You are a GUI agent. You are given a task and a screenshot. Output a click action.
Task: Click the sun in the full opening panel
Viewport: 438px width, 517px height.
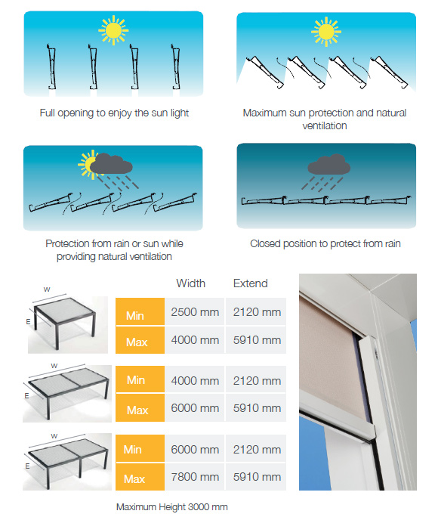113,30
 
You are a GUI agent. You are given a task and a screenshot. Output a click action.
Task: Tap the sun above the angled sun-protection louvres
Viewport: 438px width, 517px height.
326,32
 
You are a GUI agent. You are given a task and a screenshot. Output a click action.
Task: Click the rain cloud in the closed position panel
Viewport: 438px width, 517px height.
328,165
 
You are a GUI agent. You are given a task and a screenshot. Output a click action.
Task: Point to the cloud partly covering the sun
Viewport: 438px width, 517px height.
111,163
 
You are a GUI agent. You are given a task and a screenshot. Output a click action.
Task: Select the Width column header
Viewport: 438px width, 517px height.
190,283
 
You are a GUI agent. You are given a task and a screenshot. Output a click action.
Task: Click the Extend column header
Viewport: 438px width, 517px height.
250,283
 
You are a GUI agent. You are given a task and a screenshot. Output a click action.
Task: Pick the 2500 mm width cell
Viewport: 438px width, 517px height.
195,312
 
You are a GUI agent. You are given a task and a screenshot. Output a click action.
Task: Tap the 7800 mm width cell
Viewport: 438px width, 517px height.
195,477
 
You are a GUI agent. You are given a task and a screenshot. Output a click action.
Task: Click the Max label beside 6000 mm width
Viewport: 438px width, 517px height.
137,410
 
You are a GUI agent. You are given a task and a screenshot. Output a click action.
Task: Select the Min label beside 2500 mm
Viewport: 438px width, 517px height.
135,315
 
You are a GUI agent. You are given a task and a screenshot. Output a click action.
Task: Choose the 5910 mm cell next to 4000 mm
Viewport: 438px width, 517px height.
257,340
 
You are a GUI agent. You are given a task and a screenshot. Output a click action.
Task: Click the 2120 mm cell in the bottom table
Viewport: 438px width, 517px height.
257,450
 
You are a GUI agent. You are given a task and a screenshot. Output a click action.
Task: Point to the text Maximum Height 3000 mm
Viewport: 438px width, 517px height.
172,506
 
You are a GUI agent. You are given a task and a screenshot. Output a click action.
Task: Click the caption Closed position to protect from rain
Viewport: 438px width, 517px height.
325,243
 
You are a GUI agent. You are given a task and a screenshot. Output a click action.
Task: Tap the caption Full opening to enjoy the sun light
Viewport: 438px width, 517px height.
114,113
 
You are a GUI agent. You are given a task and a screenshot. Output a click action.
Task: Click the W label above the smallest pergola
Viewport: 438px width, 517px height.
47,289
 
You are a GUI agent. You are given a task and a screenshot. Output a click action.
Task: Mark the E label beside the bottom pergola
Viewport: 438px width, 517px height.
27,466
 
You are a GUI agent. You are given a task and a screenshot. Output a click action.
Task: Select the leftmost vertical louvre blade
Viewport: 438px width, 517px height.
51,67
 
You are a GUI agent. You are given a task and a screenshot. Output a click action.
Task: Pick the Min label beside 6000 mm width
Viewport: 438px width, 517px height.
132,450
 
